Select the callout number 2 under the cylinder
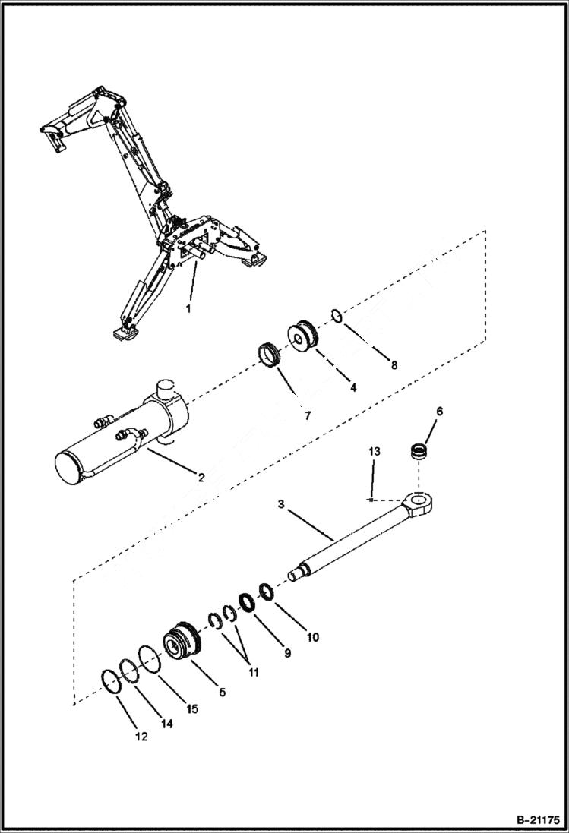coord(201,478)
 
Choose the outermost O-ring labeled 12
coord(111,681)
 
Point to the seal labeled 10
coord(266,591)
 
